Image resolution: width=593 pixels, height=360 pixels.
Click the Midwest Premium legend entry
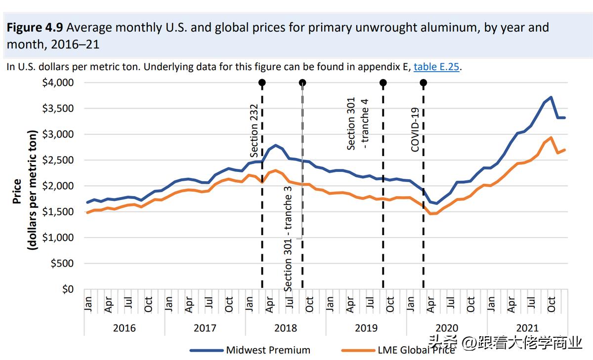(268, 350)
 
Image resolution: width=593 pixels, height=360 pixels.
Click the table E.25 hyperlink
(437, 67)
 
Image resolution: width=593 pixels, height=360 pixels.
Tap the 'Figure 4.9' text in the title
(35, 28)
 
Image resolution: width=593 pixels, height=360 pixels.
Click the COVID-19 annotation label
(415, 129)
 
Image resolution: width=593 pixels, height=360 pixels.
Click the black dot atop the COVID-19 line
(423, 82)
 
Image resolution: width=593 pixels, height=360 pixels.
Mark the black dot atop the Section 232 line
(262, 82)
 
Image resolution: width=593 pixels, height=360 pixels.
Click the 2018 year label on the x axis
(285, 327)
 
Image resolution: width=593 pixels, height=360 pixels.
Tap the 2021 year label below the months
(527, 327)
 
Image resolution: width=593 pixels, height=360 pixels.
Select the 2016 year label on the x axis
(124, 327)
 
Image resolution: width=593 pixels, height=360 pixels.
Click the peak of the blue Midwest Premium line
(551, 97)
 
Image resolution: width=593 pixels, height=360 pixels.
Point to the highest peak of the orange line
(551, 137)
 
